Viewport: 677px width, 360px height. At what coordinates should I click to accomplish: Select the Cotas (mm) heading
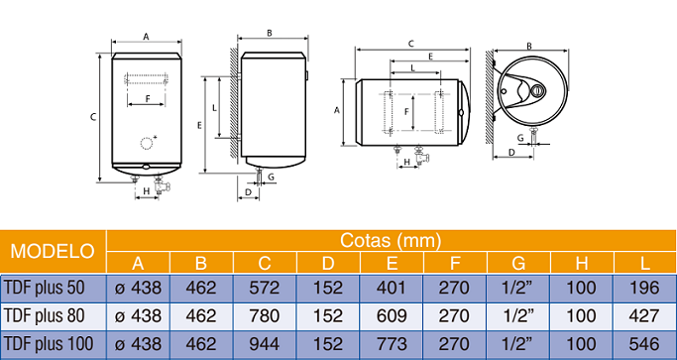point(390,240)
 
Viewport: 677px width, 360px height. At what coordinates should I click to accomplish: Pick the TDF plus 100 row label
point(55,344)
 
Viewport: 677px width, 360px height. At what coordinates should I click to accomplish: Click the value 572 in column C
point(264,289)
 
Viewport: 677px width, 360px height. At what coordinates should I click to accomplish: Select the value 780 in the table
point(264,316)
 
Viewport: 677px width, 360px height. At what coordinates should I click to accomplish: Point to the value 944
point(264,344)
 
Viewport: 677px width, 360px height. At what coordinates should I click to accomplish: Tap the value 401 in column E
point(391,289)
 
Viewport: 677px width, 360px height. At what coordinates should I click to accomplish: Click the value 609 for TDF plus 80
point(391,316)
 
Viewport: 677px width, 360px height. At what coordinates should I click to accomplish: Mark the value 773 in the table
point(391,344)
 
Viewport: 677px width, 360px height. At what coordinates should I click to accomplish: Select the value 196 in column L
point(644,289)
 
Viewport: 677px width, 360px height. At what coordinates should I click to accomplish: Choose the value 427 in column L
point(644,316)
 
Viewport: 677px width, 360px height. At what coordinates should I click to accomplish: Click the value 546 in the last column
point(644,344)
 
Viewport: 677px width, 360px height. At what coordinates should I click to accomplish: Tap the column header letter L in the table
point(644,263)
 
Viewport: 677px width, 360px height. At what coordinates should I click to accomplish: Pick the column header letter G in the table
point(517,263)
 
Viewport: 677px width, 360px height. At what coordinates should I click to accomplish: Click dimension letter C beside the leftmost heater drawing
point(92,116)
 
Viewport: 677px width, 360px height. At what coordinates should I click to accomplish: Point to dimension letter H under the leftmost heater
point(146,189)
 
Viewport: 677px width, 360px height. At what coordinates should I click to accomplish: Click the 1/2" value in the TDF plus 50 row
point(517,289)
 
